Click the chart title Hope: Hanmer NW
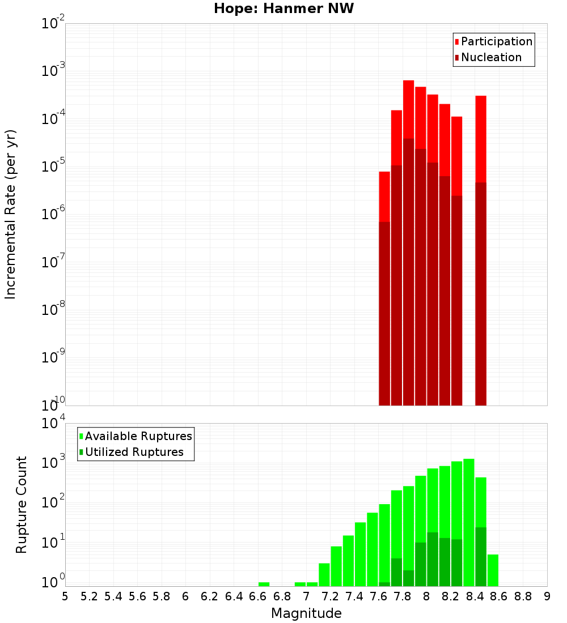click(x=283, y=9)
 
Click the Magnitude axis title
click(x=306, y=613)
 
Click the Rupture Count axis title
click(x=22, y=504)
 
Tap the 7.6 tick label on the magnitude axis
click(x=379, y=596)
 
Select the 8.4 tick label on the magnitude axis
click(x=475, y=596)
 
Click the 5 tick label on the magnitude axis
click(x=65, y=596)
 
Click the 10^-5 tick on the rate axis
click(x=52, y=167)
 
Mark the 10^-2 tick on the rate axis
click(x=52, y=24)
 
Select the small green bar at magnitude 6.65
click(x=264, y=584)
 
